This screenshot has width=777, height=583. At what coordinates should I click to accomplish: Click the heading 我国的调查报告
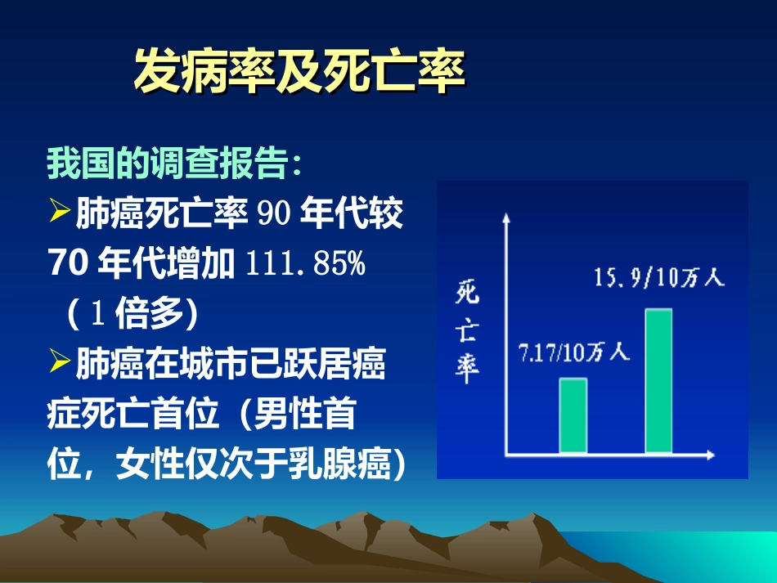(x=174, y=164)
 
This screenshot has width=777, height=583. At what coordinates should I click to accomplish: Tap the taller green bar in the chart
(x=658, y=380)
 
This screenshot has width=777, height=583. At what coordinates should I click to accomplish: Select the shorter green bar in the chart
(x=573, y=415)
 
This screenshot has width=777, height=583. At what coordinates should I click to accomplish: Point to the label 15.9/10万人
(x=658, y=278)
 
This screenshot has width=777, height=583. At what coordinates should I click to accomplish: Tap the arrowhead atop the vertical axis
(x=506, y=218)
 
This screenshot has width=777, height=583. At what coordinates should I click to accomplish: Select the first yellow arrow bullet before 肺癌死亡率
(x=61, y=213)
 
